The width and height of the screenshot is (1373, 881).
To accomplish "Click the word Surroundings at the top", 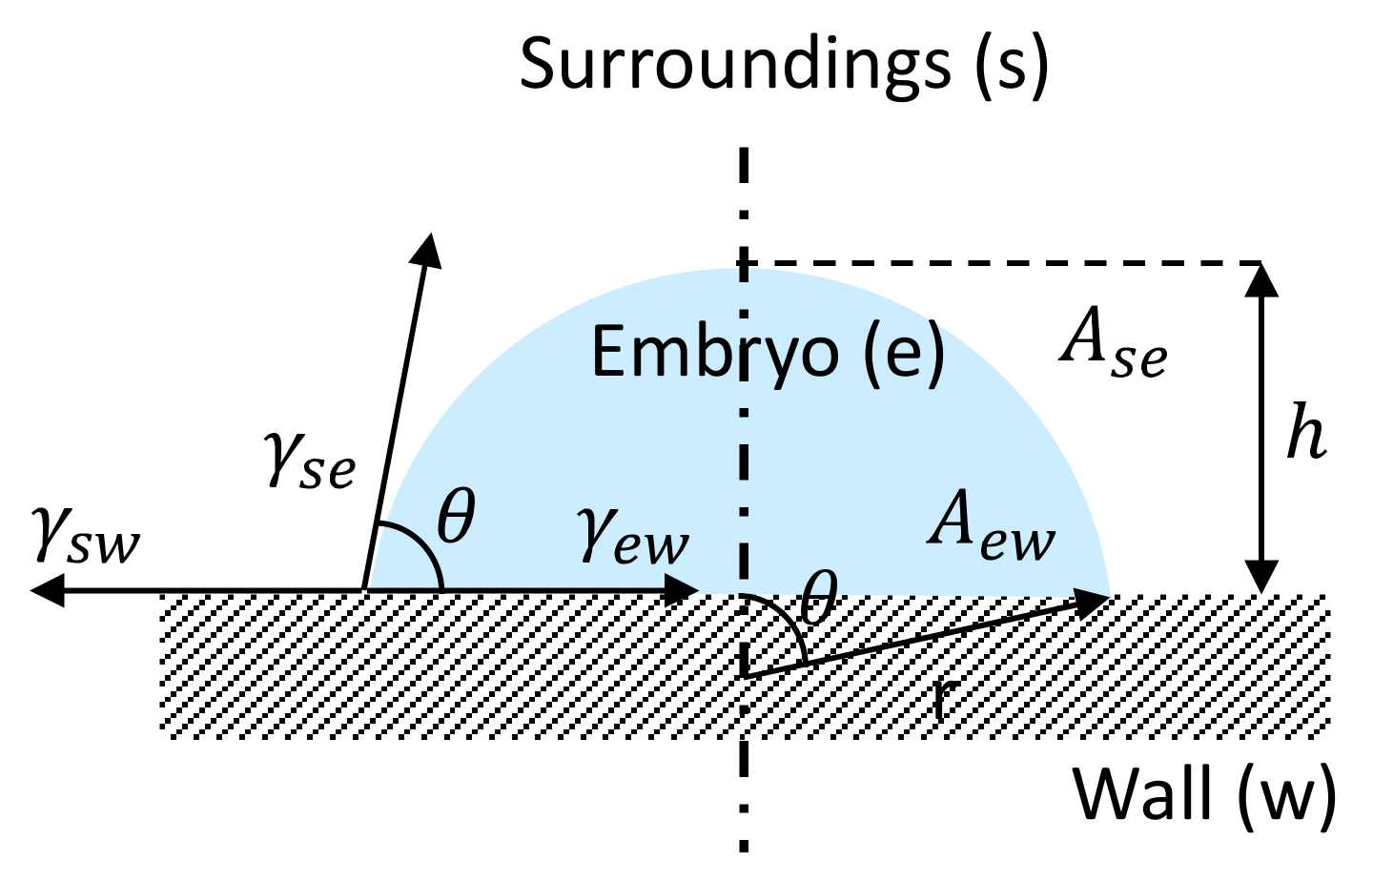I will pos(734,65).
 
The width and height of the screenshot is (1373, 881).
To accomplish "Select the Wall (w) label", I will pos(1204,793).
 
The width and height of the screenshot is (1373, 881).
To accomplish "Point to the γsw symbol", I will pos(86,537).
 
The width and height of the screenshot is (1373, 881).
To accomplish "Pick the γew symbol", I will pos(632,537).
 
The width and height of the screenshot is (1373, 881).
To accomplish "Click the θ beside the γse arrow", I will pos(456,518).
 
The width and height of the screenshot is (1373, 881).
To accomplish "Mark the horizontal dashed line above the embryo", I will pos(1001,262).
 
